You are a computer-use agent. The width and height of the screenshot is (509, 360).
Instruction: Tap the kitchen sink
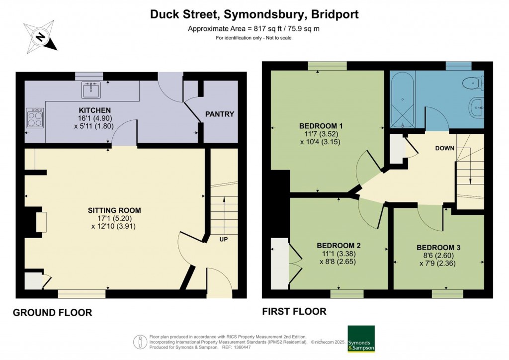point(91,90)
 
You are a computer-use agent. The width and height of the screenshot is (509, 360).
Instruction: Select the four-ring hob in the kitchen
point(35,118)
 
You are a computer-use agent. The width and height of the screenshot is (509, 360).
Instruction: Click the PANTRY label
point(219,114)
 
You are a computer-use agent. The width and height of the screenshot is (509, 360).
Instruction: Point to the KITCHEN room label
point(94,110)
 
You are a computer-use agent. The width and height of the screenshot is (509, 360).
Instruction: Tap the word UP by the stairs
point(224,239)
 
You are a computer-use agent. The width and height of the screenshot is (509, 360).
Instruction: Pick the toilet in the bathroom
point(473,83)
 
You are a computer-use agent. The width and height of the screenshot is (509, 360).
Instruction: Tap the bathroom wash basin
point(476,106)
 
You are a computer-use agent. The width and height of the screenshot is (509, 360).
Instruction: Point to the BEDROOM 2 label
point(339,245)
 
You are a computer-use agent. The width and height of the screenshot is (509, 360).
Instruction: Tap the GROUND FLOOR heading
point(52,313)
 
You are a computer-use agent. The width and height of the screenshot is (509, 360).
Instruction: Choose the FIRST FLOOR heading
point(294,312)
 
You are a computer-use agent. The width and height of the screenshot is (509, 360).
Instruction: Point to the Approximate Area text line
point(254,28)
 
